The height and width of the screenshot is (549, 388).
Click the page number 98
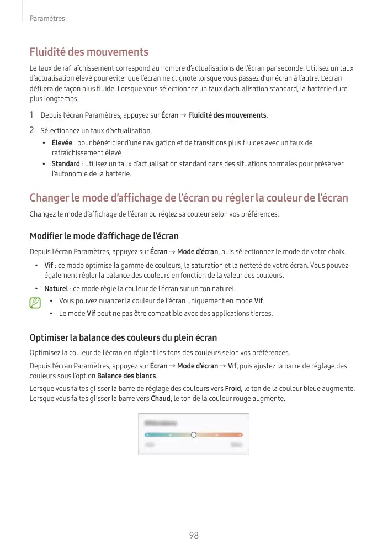coord(194,536)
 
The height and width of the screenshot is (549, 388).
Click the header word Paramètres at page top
coord(47,19)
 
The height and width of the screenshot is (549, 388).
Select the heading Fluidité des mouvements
coord(89,52)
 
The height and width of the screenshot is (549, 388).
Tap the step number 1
coord(32,115)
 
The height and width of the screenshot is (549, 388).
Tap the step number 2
coord(32,130)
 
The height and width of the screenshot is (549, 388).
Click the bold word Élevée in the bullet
coord(63,143)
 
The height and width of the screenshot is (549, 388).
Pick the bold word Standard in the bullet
coord(66,164)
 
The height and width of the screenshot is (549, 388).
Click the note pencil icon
coord(35,303)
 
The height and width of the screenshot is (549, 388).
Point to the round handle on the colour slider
coord(193,435)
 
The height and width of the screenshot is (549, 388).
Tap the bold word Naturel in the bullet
coord(56,289)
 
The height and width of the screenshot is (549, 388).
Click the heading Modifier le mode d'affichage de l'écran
coord(104,236)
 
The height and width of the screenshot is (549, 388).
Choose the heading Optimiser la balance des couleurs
coord(123,337)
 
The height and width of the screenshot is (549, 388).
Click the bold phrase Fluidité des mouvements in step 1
coord(227,115)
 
